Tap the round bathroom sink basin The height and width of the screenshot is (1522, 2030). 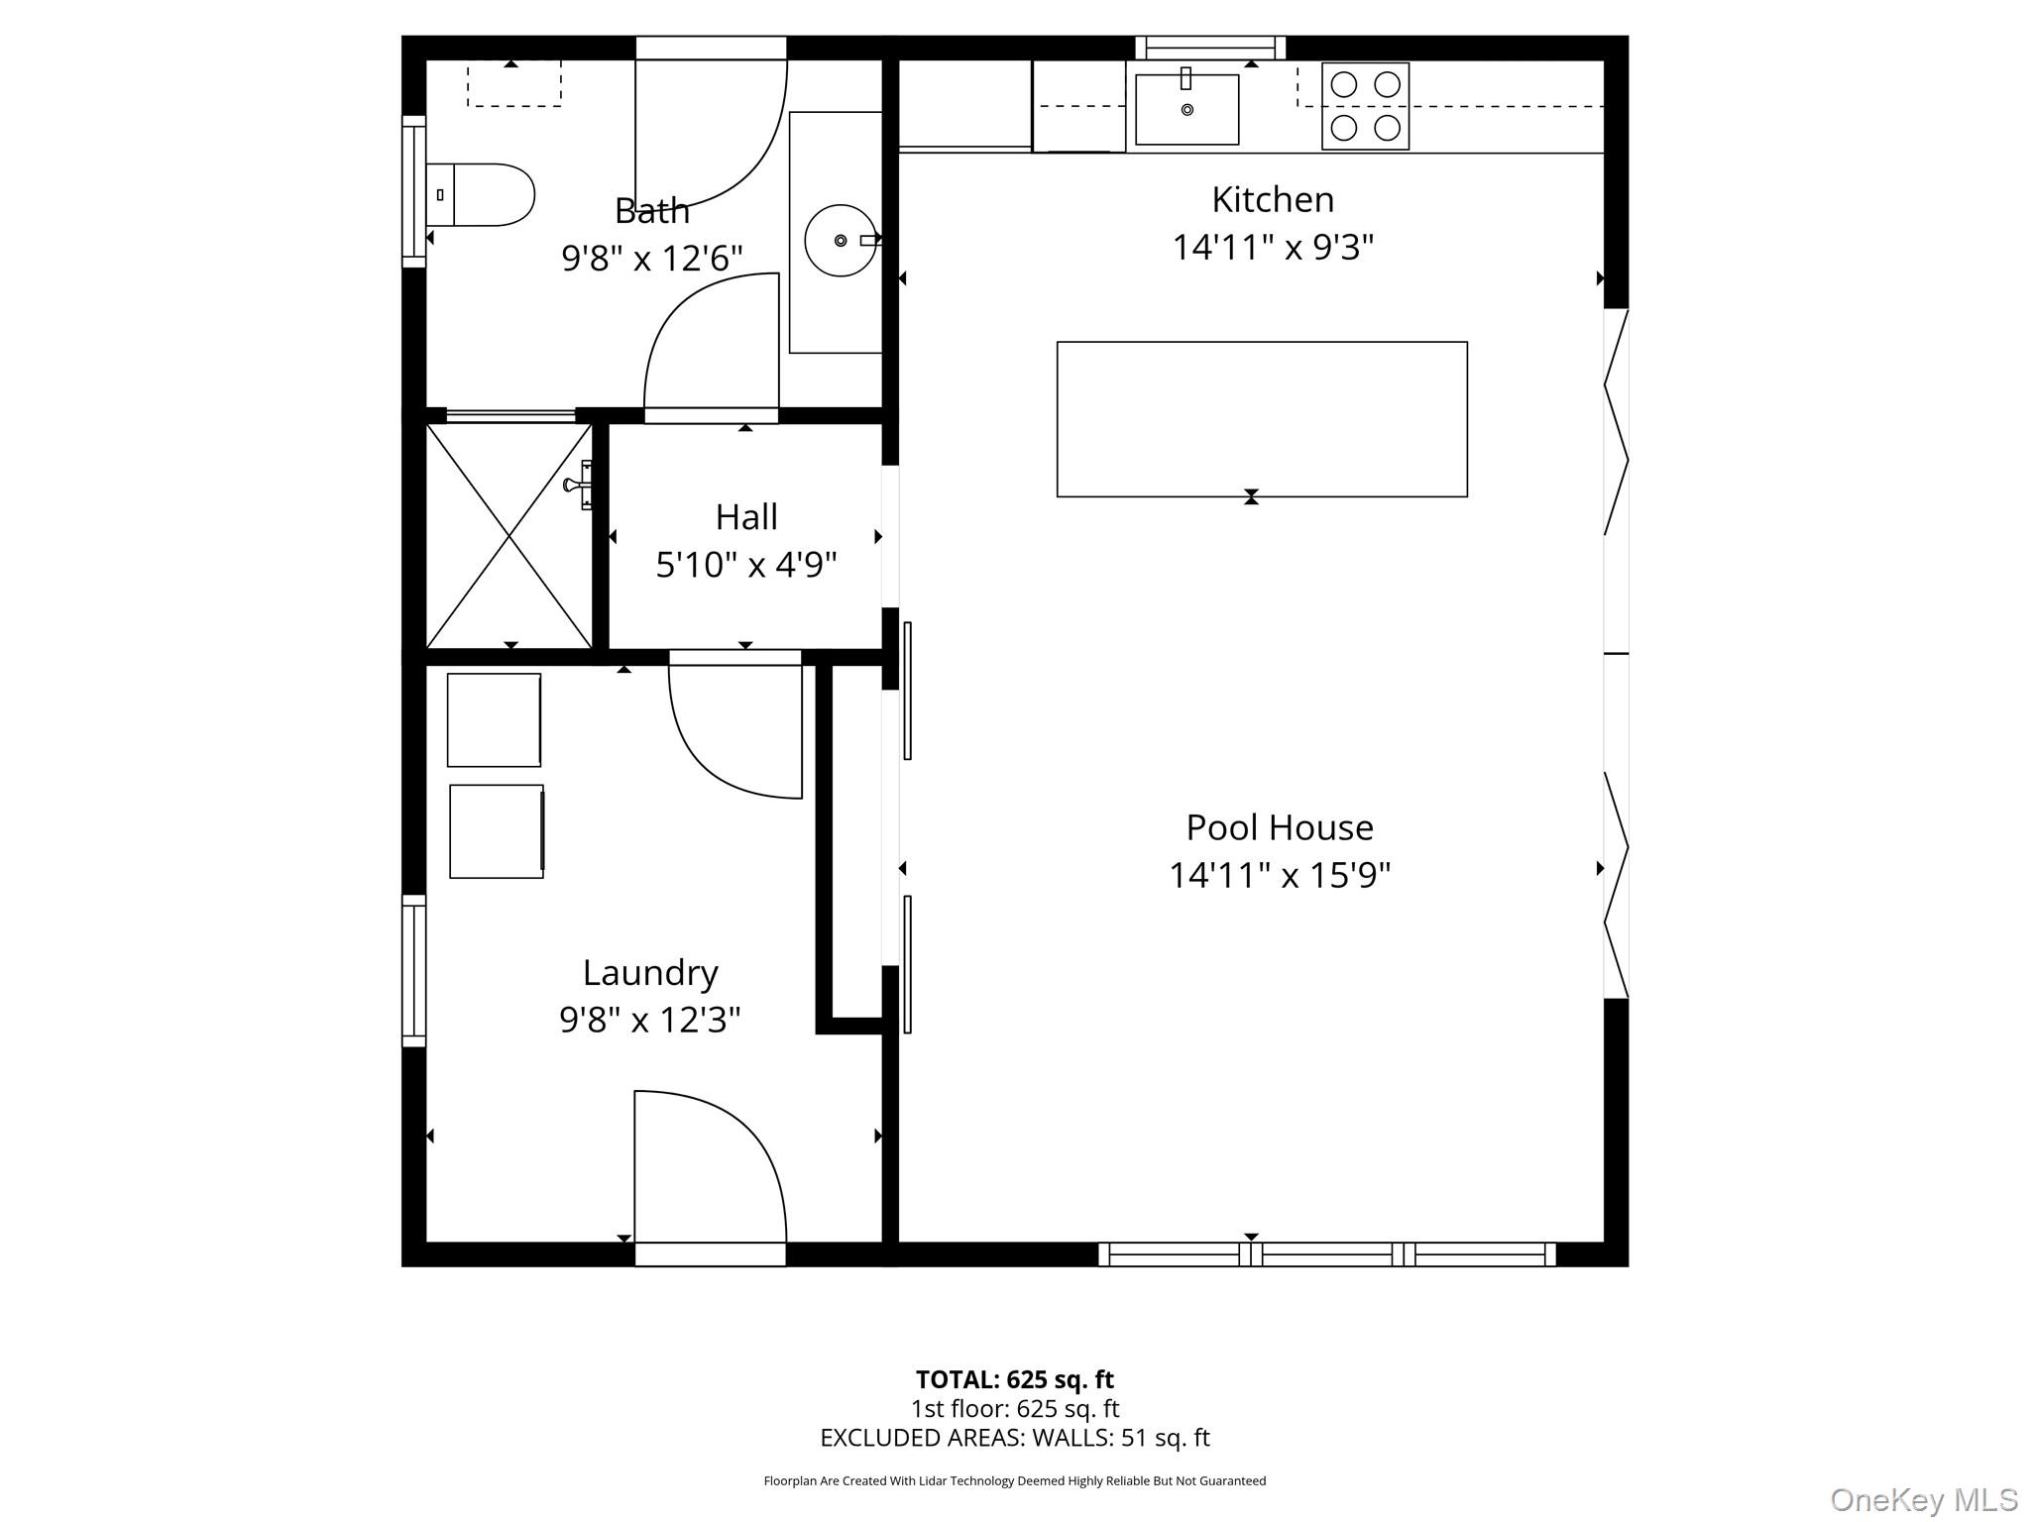(x=840, y=240)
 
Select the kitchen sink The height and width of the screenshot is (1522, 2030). (x=1186, y=109)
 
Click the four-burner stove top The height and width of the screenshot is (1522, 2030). (x=1365, y=106)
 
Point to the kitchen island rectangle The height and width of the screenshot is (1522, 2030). (x=1261, y=419)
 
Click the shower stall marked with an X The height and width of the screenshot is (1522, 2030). (x=509, y=536)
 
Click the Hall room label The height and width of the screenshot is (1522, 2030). (x=746, y=517)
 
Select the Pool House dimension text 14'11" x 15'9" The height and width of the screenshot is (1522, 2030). (x=1279, y=876)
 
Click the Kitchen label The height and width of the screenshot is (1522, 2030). (x=1273, y=200)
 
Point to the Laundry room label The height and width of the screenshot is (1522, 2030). (x=650, y=973)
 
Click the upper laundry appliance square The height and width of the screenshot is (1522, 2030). (x=494, y=720)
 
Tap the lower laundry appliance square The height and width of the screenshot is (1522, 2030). (x=496, y=831)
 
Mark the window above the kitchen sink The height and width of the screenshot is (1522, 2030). (x=1209, y=47)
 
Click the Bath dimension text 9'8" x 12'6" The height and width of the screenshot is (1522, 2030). (x=651, y=259)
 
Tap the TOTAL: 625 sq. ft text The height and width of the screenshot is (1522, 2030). (x=1014, y=1379)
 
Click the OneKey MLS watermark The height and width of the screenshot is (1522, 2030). (x=1923, y=1500)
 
